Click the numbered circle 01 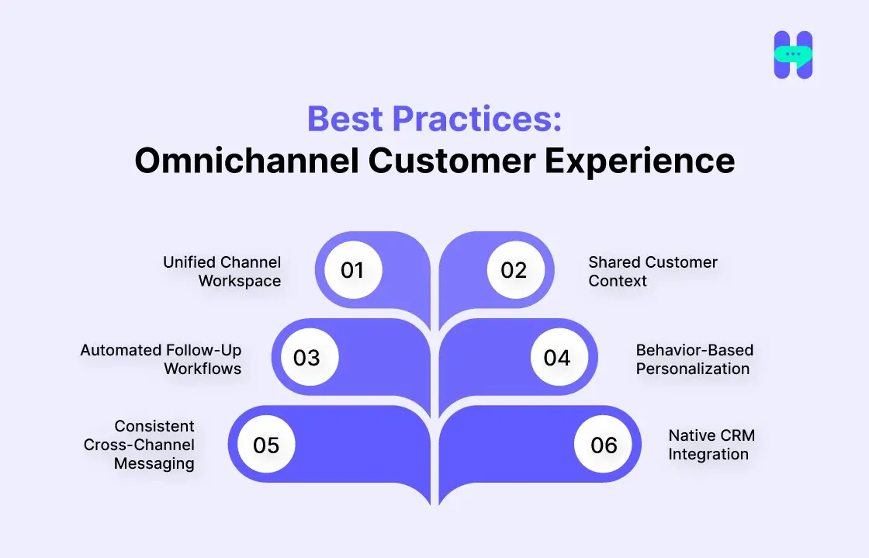352,270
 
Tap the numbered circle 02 514,270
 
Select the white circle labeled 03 306,358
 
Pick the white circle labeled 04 557,358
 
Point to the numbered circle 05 266,445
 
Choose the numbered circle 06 604,445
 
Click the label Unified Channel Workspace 223,272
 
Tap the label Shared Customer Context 653,272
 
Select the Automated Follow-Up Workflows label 161,359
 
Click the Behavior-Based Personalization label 694,359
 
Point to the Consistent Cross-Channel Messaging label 140,445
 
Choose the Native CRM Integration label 711,445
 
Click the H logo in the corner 793,55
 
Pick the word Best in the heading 345,119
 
